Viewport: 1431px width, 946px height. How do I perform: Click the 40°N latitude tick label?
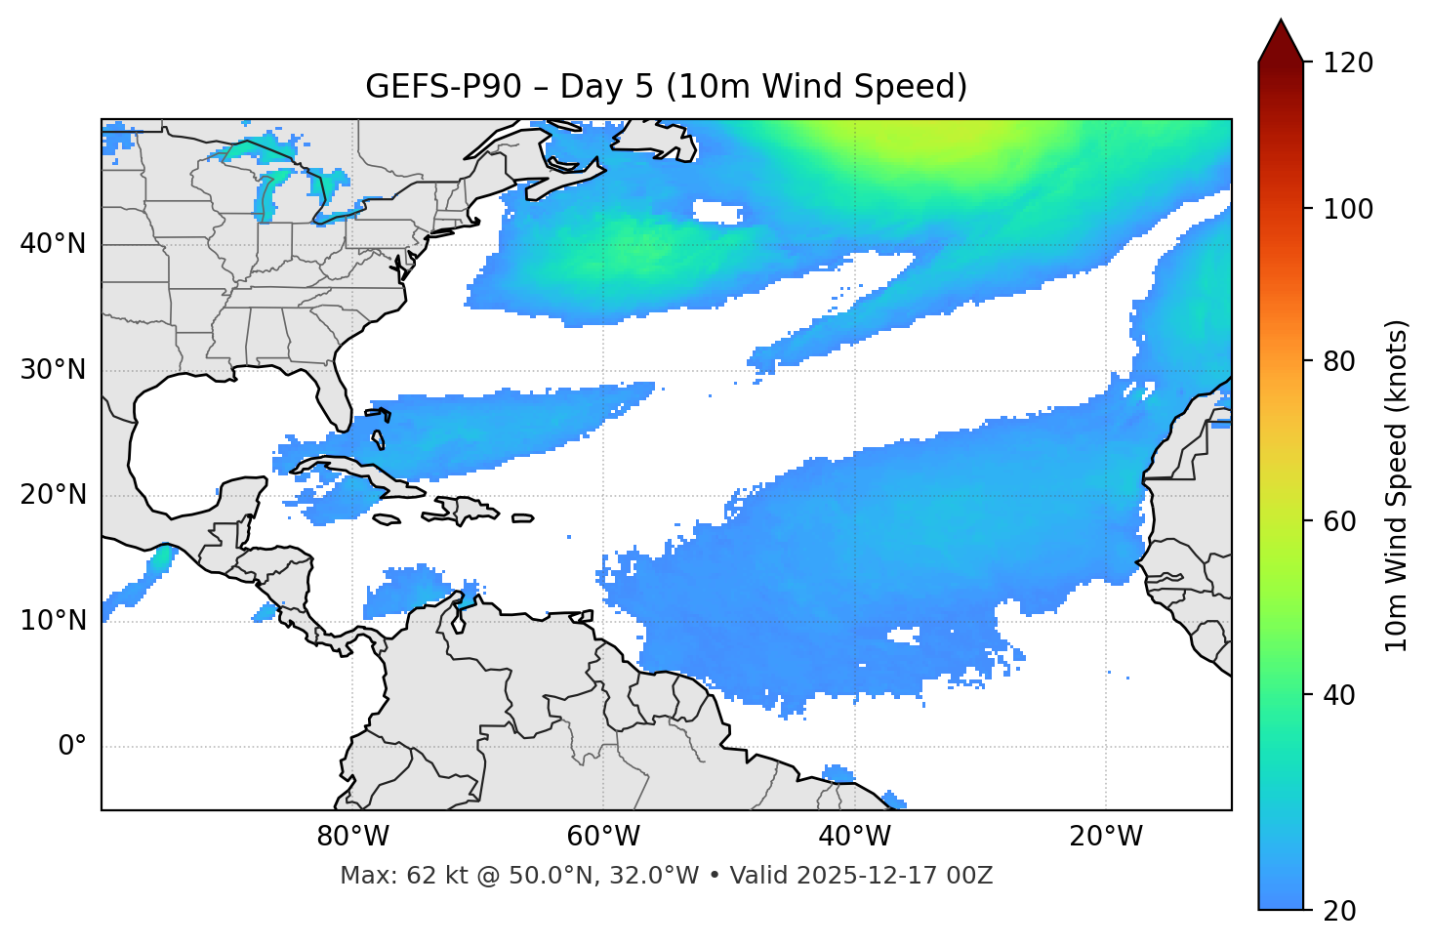[x=53, y=244]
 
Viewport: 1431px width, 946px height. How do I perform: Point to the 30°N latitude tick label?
[x=53, y=370]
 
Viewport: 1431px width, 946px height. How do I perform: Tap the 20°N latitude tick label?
[x=53, y=495]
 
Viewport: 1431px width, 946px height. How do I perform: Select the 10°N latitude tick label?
[x=53, y=621]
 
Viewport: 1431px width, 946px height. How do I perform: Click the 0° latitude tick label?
[x=72, y=747]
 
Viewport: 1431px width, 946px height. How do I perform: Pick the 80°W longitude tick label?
[x=352, y=837]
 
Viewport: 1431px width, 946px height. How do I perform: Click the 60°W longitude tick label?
[x=603, y=837]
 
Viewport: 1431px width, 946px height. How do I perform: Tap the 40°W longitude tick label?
[x=854, y=837]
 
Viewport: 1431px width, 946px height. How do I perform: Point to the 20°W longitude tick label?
[x=1105, y=837]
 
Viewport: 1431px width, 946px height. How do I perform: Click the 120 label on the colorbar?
[x=1348, y=63]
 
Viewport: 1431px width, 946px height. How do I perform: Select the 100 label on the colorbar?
[x=1348, y=210]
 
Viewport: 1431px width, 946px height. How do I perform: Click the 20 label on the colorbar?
[x=1341, y=911]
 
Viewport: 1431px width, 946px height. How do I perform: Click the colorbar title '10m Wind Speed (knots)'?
[x=1397, y=485]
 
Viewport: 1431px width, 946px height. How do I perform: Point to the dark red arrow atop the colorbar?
[x=1281, y=42]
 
